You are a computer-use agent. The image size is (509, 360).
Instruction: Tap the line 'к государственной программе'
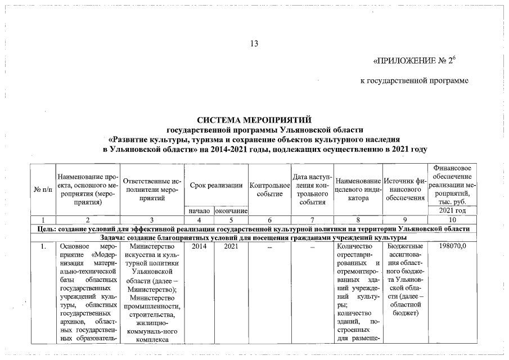point(414,81)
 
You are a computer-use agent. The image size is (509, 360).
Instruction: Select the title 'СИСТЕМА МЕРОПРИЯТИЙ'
point(254,120)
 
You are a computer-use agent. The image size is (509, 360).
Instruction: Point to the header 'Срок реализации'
point(216,185)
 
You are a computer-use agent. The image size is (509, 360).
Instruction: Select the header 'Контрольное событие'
point(269,189)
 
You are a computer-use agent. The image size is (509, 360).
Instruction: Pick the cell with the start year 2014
point(200,246)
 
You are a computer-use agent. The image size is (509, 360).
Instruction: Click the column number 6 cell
point(269,220)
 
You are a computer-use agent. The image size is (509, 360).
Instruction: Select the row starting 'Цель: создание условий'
point(254,228)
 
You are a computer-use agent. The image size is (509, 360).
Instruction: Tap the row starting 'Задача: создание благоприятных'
point(254,237)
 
